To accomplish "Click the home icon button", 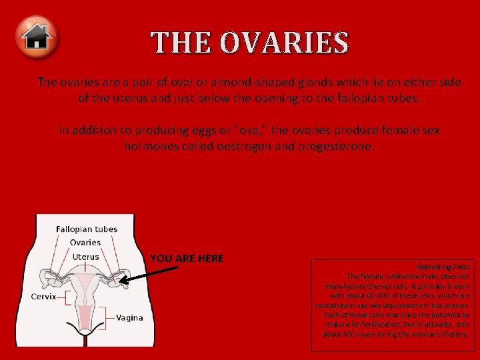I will (x=38, y=37).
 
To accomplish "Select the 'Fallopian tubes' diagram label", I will (x=87, y=229).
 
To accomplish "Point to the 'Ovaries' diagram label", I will (x=85, y=243).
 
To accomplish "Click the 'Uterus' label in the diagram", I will (x=85, y=257).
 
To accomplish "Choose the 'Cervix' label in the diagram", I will (x=44, y=296).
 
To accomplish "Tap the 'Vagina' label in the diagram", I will (x=129, y=317).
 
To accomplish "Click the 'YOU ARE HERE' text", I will (x=187, y=258).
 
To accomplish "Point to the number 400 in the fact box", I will (x=353, y=333).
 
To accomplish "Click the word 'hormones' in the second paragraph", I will (x=156, y=145).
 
